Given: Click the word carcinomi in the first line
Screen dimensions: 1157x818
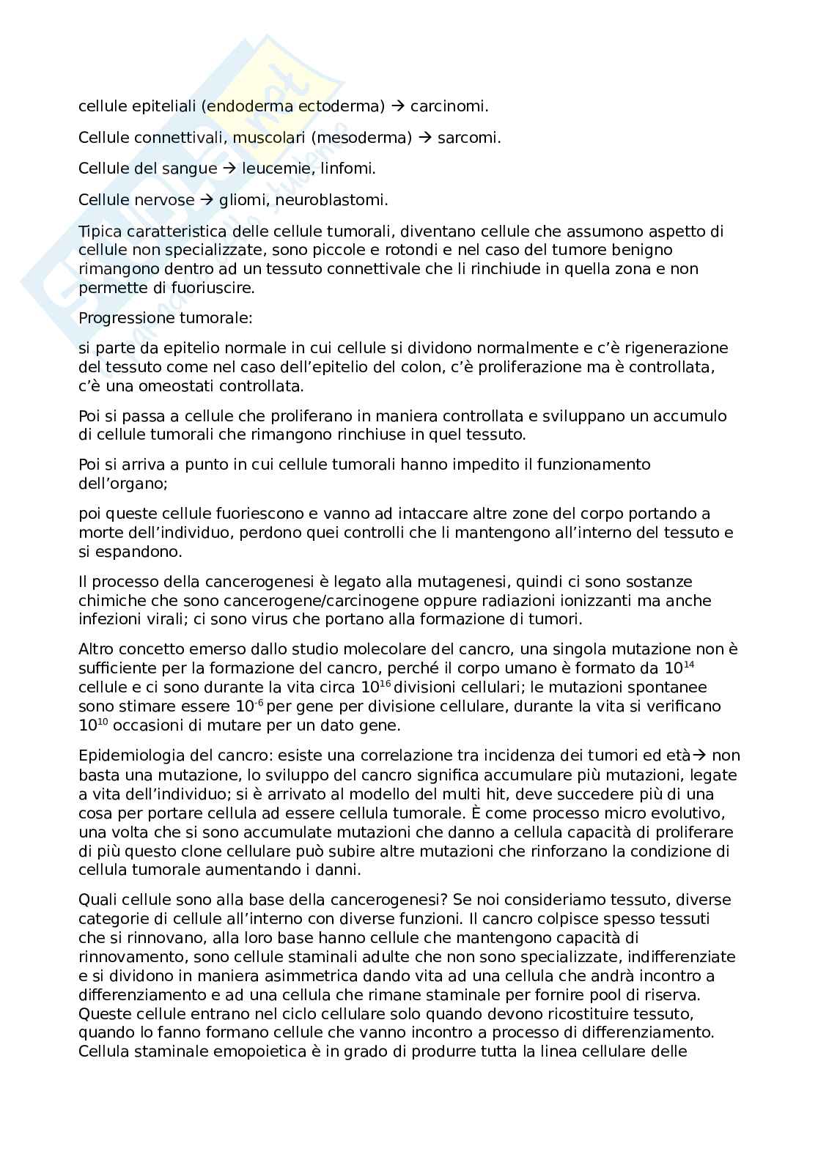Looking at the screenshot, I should (449, 106).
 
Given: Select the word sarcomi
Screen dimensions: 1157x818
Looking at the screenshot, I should (469, 138).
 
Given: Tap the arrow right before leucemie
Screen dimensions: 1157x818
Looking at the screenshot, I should (229, 169).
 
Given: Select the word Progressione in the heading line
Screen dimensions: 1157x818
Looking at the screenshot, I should (125, 318).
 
